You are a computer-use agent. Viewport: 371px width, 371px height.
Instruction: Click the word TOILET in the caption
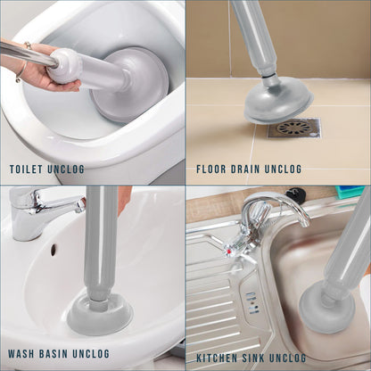click(26, 169)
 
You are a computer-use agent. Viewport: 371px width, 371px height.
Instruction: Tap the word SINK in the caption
click(252, 358)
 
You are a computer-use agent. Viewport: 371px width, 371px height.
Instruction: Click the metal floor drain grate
click(293, 128)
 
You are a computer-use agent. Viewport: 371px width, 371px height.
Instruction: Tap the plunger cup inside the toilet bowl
click(131, 83)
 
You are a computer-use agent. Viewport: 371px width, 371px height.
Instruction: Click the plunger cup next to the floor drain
click(277, 101)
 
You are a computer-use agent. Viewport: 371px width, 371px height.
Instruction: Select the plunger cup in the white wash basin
click(100, 315)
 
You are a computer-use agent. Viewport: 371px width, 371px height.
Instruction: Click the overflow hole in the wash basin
click(54, 250)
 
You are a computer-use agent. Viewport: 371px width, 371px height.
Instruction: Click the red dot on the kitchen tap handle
click(228, 252)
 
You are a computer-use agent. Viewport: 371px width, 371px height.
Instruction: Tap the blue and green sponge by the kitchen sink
click(350, 191)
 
